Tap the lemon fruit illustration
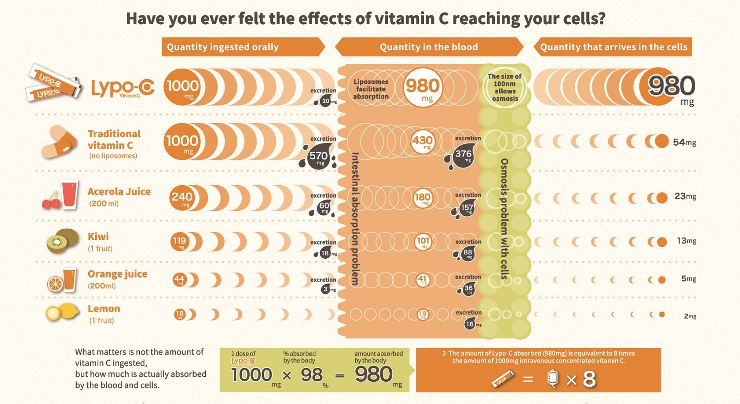[x=62, y=313]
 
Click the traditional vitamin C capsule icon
[x=60, y=143]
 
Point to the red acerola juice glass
[x=69, y=195]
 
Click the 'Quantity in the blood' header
[x=429, y=47]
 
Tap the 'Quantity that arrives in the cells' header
[x=613, y=47]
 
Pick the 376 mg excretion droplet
[x=463, y=155]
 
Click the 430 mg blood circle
[x=423, y=141]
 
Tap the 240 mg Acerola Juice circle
[x=182, y=198]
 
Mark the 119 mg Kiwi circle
[x=180, y=242]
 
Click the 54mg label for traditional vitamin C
[x=684, y=142]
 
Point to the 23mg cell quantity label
[x=685, y=196]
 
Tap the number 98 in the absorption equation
[x=312, y=375]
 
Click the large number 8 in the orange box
[x=589, y=379]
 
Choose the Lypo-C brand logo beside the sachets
[x=123, y=88]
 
